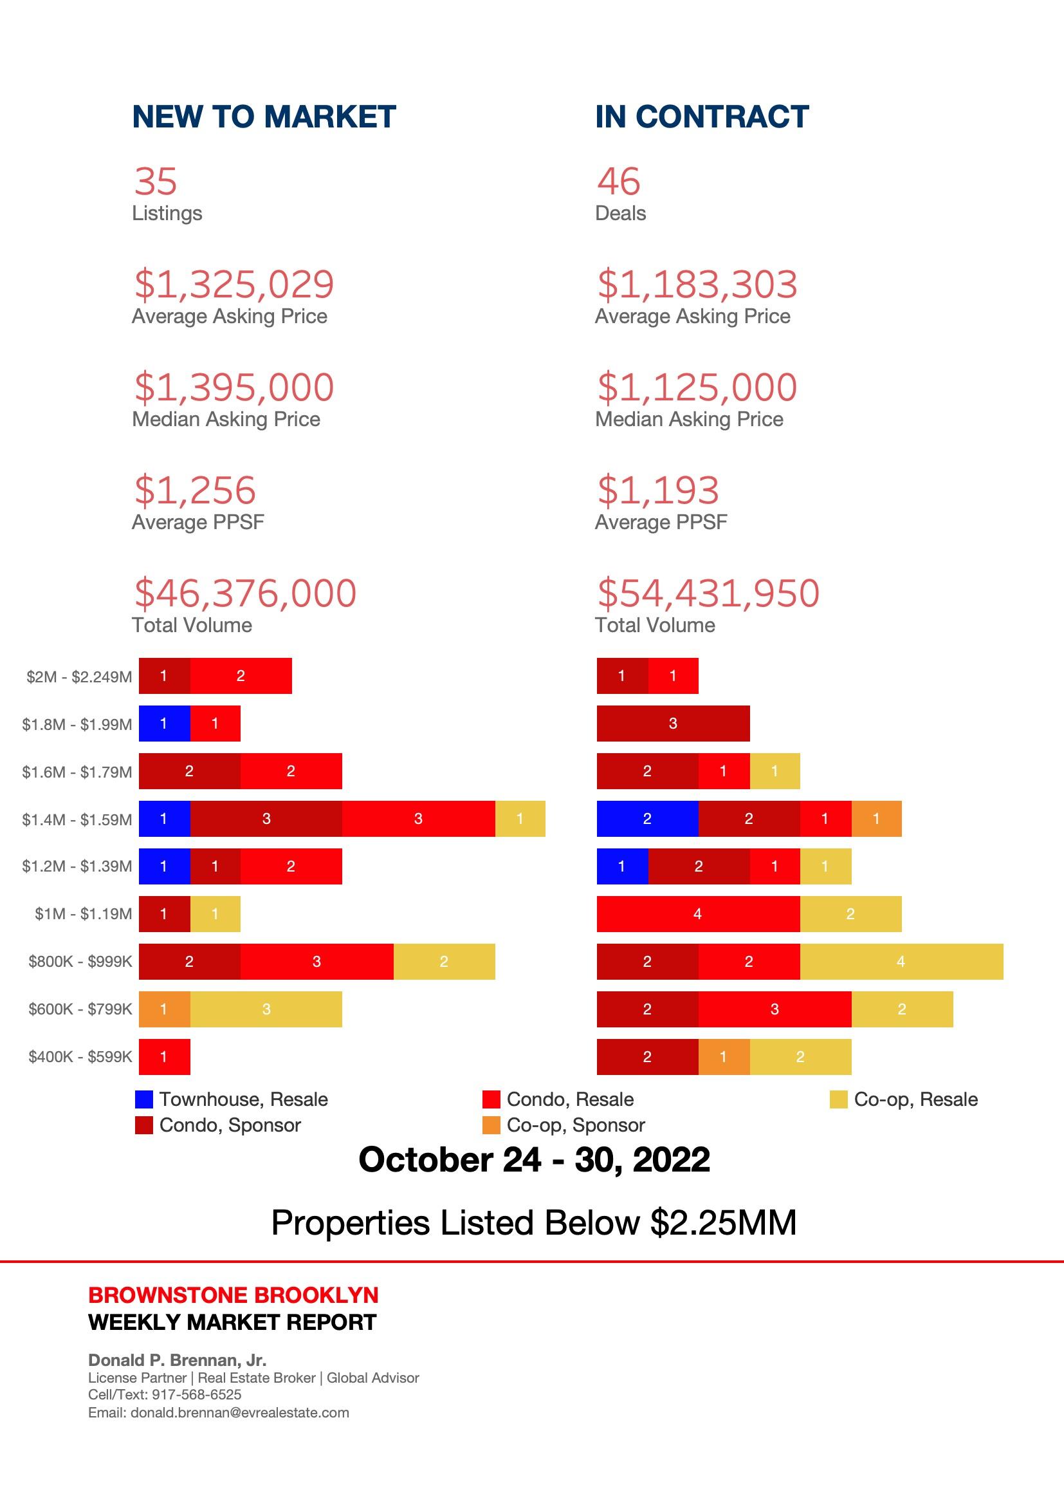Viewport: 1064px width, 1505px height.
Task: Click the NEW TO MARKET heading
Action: (x=264, y=117)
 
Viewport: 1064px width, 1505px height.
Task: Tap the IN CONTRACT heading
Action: (x=702, y=117)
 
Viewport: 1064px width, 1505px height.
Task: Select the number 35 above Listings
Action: (x=156, y=182)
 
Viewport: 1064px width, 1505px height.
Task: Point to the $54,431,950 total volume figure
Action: (x=708, y=594)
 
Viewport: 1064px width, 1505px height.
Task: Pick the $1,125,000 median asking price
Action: (x=697, y=388)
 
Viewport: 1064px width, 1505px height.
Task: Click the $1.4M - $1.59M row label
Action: (x=77, y=819)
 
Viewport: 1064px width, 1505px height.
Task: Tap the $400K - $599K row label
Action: (x=80, y=1056)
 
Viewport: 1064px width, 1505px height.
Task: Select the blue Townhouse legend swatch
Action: (x=143, y=1099)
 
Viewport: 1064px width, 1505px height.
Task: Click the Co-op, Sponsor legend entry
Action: (x=575, y=1125)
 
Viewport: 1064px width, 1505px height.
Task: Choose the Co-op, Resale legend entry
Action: (x=915, y=1099)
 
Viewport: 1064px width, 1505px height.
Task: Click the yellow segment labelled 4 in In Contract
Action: (x=901, y=962)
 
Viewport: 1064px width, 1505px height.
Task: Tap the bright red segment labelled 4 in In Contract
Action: (x=698, y=914)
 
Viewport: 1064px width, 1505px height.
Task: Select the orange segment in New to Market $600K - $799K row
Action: (x=164, y=1009)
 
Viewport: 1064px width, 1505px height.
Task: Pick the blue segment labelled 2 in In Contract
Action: (x=647, y=819)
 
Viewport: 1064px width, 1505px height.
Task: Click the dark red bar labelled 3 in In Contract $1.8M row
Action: (x=673, y=724)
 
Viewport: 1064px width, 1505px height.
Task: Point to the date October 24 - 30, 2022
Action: (x=534, y=1159)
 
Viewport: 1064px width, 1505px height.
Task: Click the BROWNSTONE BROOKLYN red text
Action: (x=234, y=1295)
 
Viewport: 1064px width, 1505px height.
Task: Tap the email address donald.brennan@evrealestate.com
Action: (x=240, y=1412)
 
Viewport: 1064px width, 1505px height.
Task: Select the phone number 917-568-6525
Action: (x=197, y=1394)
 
